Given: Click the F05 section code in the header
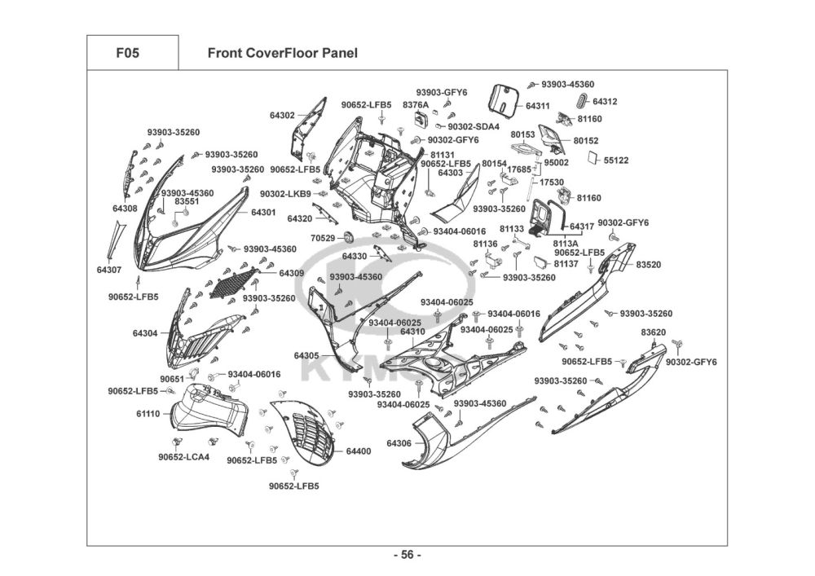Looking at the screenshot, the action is [128, 53].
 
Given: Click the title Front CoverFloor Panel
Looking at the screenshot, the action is [282, 53].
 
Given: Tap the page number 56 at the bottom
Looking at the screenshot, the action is [407, 555].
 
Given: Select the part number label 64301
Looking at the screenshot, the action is [263, 213].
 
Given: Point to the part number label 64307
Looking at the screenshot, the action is [109, 270].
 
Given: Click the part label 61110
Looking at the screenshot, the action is [148, 414].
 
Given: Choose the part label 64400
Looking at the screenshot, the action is [359, 451].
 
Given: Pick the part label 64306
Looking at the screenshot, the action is [399, 443].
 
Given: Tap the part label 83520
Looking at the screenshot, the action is [649, 264].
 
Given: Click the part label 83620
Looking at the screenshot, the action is [654, 332].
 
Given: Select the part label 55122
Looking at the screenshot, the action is [616, 160].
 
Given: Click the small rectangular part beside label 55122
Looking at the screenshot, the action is [593, 157].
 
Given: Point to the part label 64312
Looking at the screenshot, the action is [605, 101].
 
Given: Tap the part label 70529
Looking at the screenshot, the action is [324, 239].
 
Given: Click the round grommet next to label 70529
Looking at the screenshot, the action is [348, 237].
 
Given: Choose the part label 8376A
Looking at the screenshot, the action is [416, 105].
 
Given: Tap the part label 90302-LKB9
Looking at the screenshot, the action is [285, 194].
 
